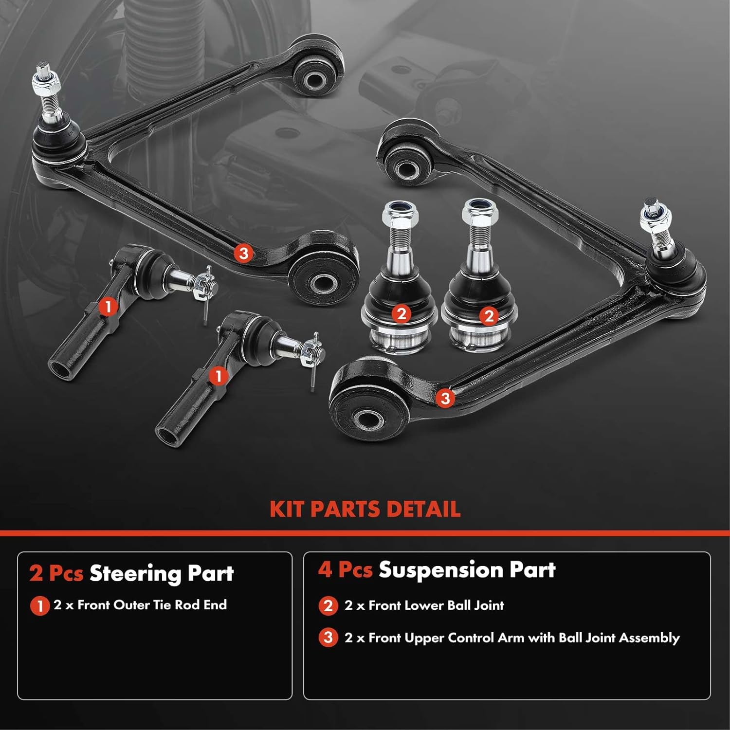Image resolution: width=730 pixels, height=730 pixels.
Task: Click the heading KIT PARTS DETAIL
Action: (365, 509)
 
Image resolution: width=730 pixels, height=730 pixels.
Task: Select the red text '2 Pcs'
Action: (56, 573)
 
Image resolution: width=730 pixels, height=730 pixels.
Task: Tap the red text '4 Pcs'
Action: (345, 569)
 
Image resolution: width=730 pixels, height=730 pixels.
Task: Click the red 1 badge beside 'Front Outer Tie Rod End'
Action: (40, 606)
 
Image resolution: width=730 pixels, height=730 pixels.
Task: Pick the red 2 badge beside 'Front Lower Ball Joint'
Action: (328, 606)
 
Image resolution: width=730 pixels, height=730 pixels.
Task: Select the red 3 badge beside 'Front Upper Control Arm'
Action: (328, 638)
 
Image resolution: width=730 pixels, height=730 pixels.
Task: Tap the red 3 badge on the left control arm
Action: (244, 253)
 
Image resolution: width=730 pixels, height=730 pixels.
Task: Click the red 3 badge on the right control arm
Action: (445, 398)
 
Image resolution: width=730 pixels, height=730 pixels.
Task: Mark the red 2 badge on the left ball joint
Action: (401, 314)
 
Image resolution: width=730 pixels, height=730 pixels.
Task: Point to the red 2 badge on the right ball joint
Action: (489, 316)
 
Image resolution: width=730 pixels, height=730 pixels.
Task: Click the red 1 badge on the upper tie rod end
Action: (108, 307)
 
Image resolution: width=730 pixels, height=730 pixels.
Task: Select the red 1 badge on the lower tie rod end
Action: (218, 376)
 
